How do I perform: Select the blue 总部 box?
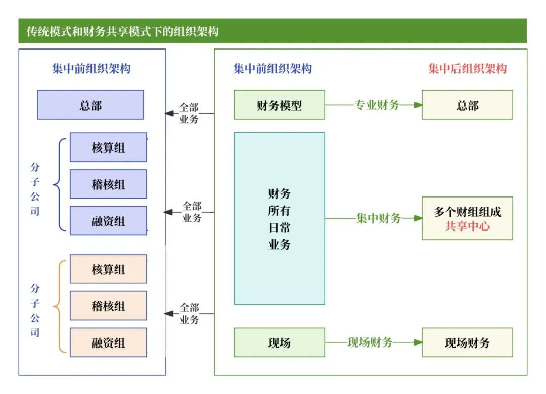90,105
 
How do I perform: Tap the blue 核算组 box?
108,147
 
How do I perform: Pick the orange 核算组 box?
108,269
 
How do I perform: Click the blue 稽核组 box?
108,184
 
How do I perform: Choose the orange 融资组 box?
108,342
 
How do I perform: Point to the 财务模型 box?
279,105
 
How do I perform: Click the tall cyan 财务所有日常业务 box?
279,218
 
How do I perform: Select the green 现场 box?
279,342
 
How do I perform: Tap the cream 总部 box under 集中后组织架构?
467,105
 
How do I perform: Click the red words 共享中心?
467,226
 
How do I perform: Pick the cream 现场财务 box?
467,342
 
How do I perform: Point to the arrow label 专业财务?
377,105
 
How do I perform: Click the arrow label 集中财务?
378,218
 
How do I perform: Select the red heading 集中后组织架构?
467,69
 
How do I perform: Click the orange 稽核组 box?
108,306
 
